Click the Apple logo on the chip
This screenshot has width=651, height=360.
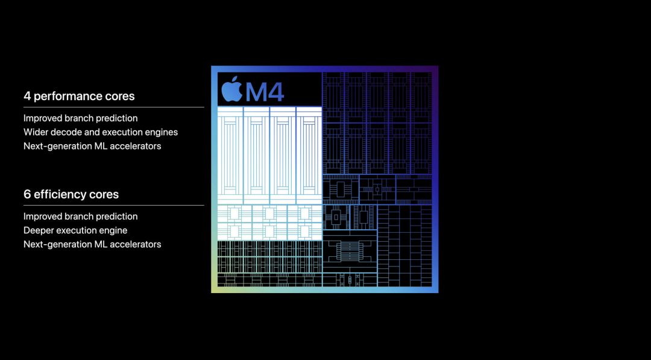coord(231,90)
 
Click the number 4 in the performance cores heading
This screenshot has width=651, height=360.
coord(27,96)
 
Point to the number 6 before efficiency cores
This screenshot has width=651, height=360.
coord(27,195)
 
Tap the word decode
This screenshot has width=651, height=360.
coord(68,132)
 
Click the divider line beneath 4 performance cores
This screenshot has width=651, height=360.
coord(113,107)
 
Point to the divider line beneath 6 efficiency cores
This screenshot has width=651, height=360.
coord(113,206)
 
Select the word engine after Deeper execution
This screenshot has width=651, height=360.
coord(113,230)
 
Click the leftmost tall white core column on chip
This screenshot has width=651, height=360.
coord(230,155)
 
